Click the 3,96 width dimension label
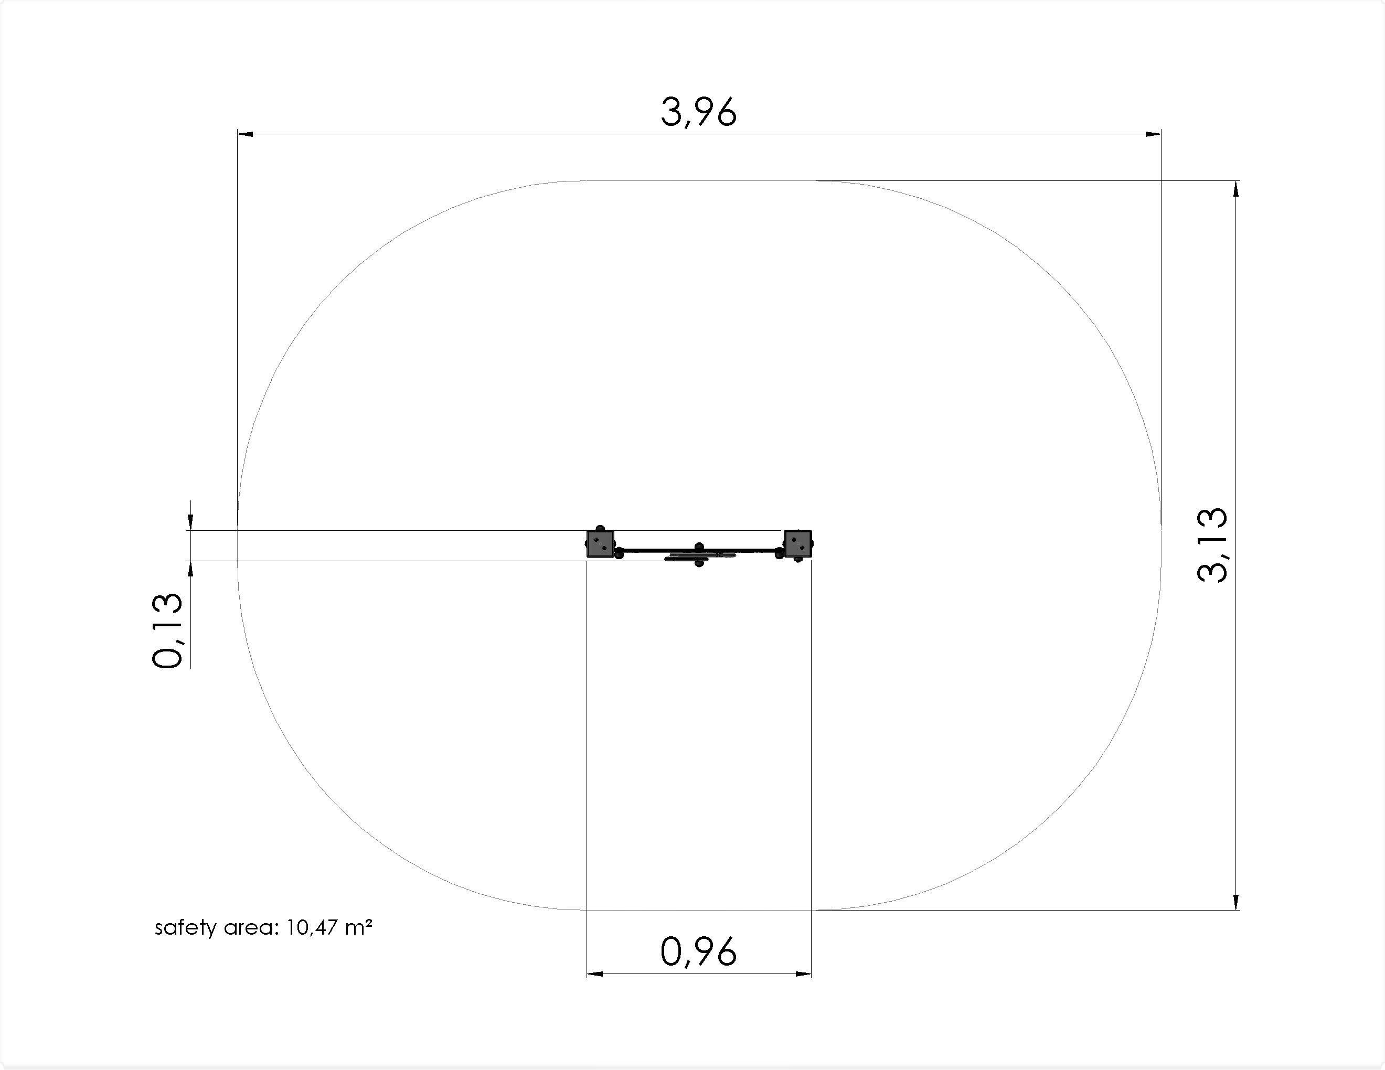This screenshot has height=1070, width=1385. coord(699,112)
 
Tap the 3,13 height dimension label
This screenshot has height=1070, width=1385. coord(1212,545)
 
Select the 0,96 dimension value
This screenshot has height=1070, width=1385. coord(699,952)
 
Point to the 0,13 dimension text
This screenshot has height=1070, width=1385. coord(167,630)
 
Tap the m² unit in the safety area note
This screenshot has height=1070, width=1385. coord(358,927)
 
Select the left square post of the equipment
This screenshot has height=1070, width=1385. coord(600,543)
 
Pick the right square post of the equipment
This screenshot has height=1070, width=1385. coord(798,543)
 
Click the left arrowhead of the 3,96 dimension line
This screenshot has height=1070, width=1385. coord(246,134)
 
